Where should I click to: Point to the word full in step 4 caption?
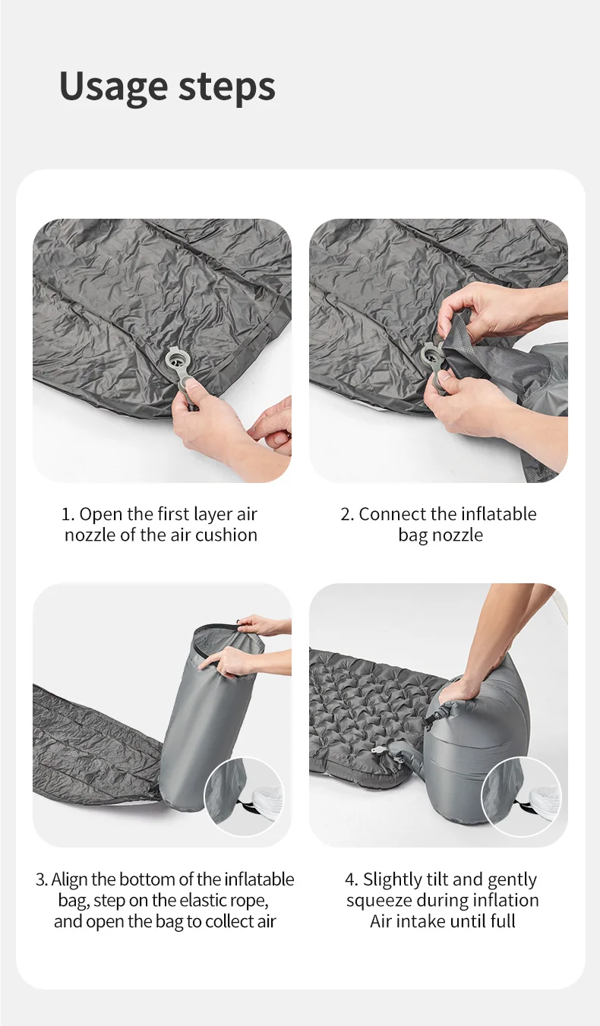pos(503,921)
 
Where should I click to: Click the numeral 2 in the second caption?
pos(345,515)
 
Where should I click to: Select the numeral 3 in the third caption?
pos(39,880)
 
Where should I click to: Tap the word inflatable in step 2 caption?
pos(499,514)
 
